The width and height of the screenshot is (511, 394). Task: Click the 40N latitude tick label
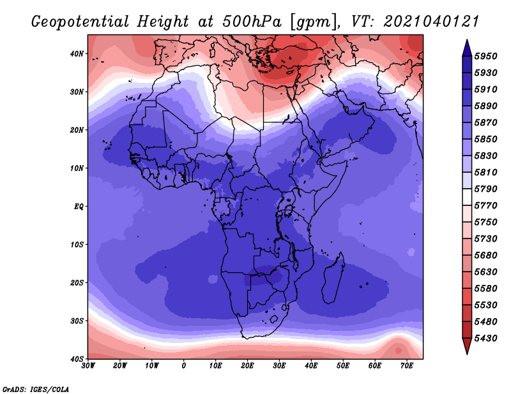click(77, 54)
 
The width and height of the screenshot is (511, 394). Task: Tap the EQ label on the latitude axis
click(79, 207)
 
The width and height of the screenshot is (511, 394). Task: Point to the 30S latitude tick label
click(77, 321)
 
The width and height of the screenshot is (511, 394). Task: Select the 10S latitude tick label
click(77, 245)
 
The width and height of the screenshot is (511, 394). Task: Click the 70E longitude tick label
click(407, 366)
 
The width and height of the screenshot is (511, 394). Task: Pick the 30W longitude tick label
click(88, 366)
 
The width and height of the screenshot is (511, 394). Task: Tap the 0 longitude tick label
click(184, 366)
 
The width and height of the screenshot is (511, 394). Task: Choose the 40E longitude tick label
click(311, 366)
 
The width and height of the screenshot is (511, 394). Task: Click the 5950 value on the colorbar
click(485, 56)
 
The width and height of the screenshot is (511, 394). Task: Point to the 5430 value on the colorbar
click(485, 339)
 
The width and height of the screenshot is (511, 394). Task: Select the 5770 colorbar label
click(485, 206)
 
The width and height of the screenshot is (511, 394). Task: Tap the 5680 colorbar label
click(485, 256)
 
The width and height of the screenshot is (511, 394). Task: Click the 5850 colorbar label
click(485, 139)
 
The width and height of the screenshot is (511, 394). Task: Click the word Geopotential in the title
click(80, 22)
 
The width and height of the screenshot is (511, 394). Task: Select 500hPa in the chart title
click(252, 22)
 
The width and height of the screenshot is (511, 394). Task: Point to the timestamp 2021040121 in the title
click(431, 22)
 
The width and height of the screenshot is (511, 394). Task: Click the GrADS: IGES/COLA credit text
click(36, 390)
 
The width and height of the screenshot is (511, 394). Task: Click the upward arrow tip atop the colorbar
click(467, 40)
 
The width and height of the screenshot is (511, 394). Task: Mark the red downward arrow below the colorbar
click(467, 346)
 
